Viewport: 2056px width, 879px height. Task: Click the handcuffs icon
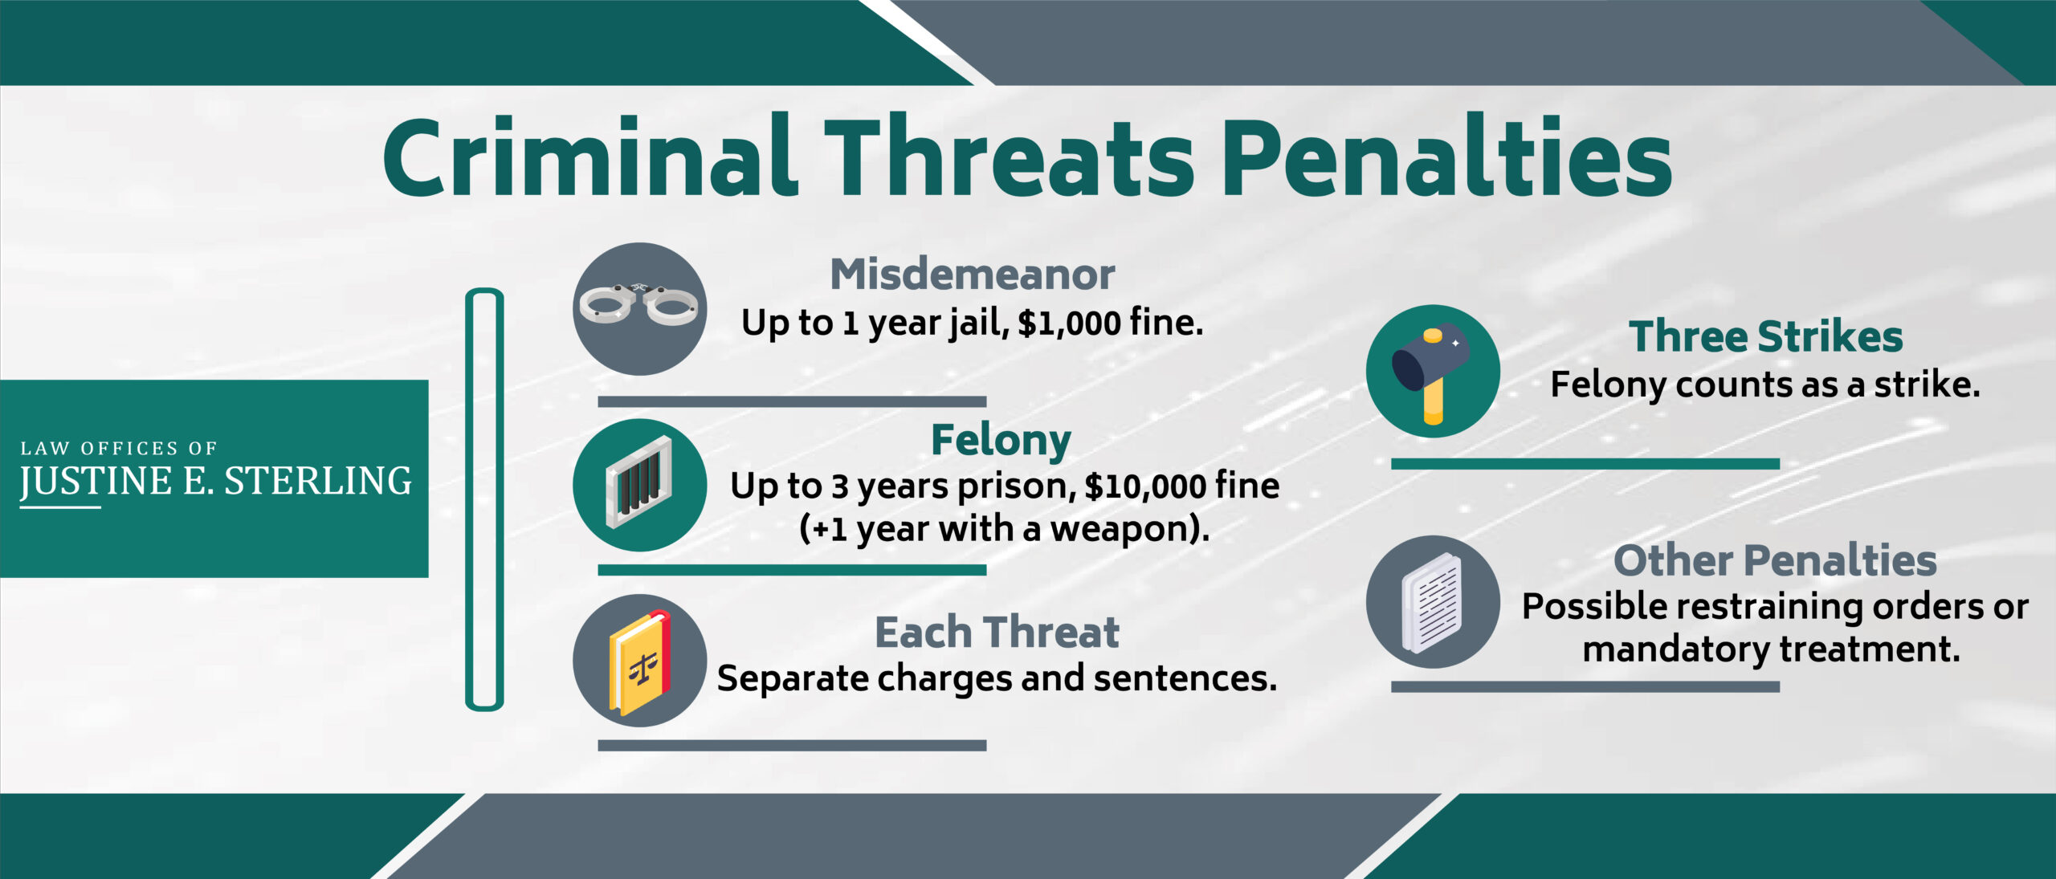(x=639, y=308)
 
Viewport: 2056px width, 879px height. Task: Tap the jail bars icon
(x=639, y=485)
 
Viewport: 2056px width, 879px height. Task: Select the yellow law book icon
(x=639, y=661)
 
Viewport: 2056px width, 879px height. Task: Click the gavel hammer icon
(x=1433, y=371)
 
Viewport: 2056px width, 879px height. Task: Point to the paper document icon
(x=1433, y=602)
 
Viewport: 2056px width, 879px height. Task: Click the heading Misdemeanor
(x=972, y=275)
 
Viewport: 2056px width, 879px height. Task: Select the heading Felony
(x=1001, y=440)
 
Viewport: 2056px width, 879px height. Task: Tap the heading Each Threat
(x=997, y=633)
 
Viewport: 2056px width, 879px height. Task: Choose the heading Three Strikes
(x=1765, y=336)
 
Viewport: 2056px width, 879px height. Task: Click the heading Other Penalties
(x=1775, y=560)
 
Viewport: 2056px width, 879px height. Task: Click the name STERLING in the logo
(x=317, y=481)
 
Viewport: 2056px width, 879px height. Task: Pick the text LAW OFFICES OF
(x=119, y=448)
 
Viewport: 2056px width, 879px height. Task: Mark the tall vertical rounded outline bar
(x=484, y=499)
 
